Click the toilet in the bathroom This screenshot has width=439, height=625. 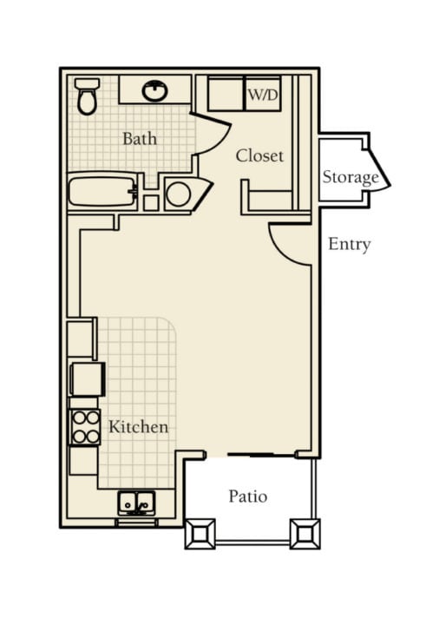[x=87, y=96]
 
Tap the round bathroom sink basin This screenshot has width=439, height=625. [x=154, y=91]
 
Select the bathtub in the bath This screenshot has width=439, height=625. [x=102, y=192]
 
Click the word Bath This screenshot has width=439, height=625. [x=140, y=139]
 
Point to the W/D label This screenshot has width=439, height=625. [x=263, y=95]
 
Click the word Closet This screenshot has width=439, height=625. [x=259, y=155]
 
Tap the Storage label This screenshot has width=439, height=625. [x=351, y=177]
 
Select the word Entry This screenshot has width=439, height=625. [x=350, y=244]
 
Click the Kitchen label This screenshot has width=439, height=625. [x=138, y=427]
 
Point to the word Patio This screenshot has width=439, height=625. [x=248, y=497]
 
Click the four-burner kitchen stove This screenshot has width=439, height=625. [x=85, y=427]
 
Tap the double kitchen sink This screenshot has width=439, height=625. [x=136, y=503]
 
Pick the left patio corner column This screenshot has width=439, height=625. [x=200, y=534]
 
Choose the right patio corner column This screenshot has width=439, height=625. [x=305, y=534]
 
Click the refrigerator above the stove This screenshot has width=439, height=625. [x=88, y=379]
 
